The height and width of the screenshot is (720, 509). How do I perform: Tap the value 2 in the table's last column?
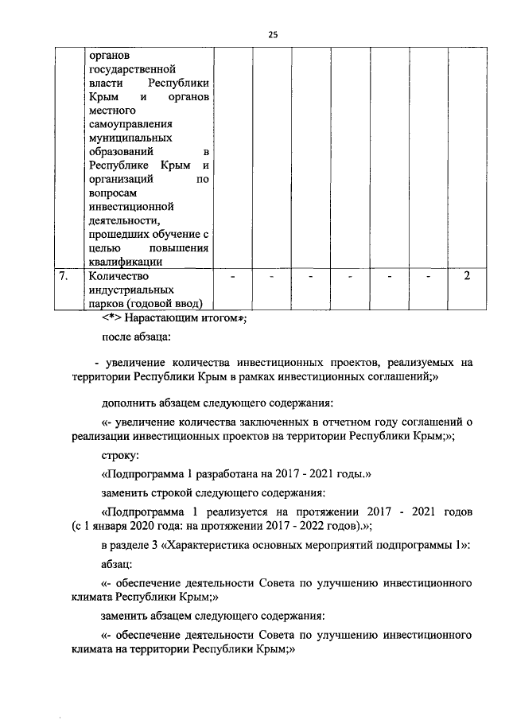[x=467, y=276]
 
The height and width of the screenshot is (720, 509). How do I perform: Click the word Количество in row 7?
[x=119, y=276]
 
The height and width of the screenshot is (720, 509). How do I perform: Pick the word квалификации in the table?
[x=126, y=261]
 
